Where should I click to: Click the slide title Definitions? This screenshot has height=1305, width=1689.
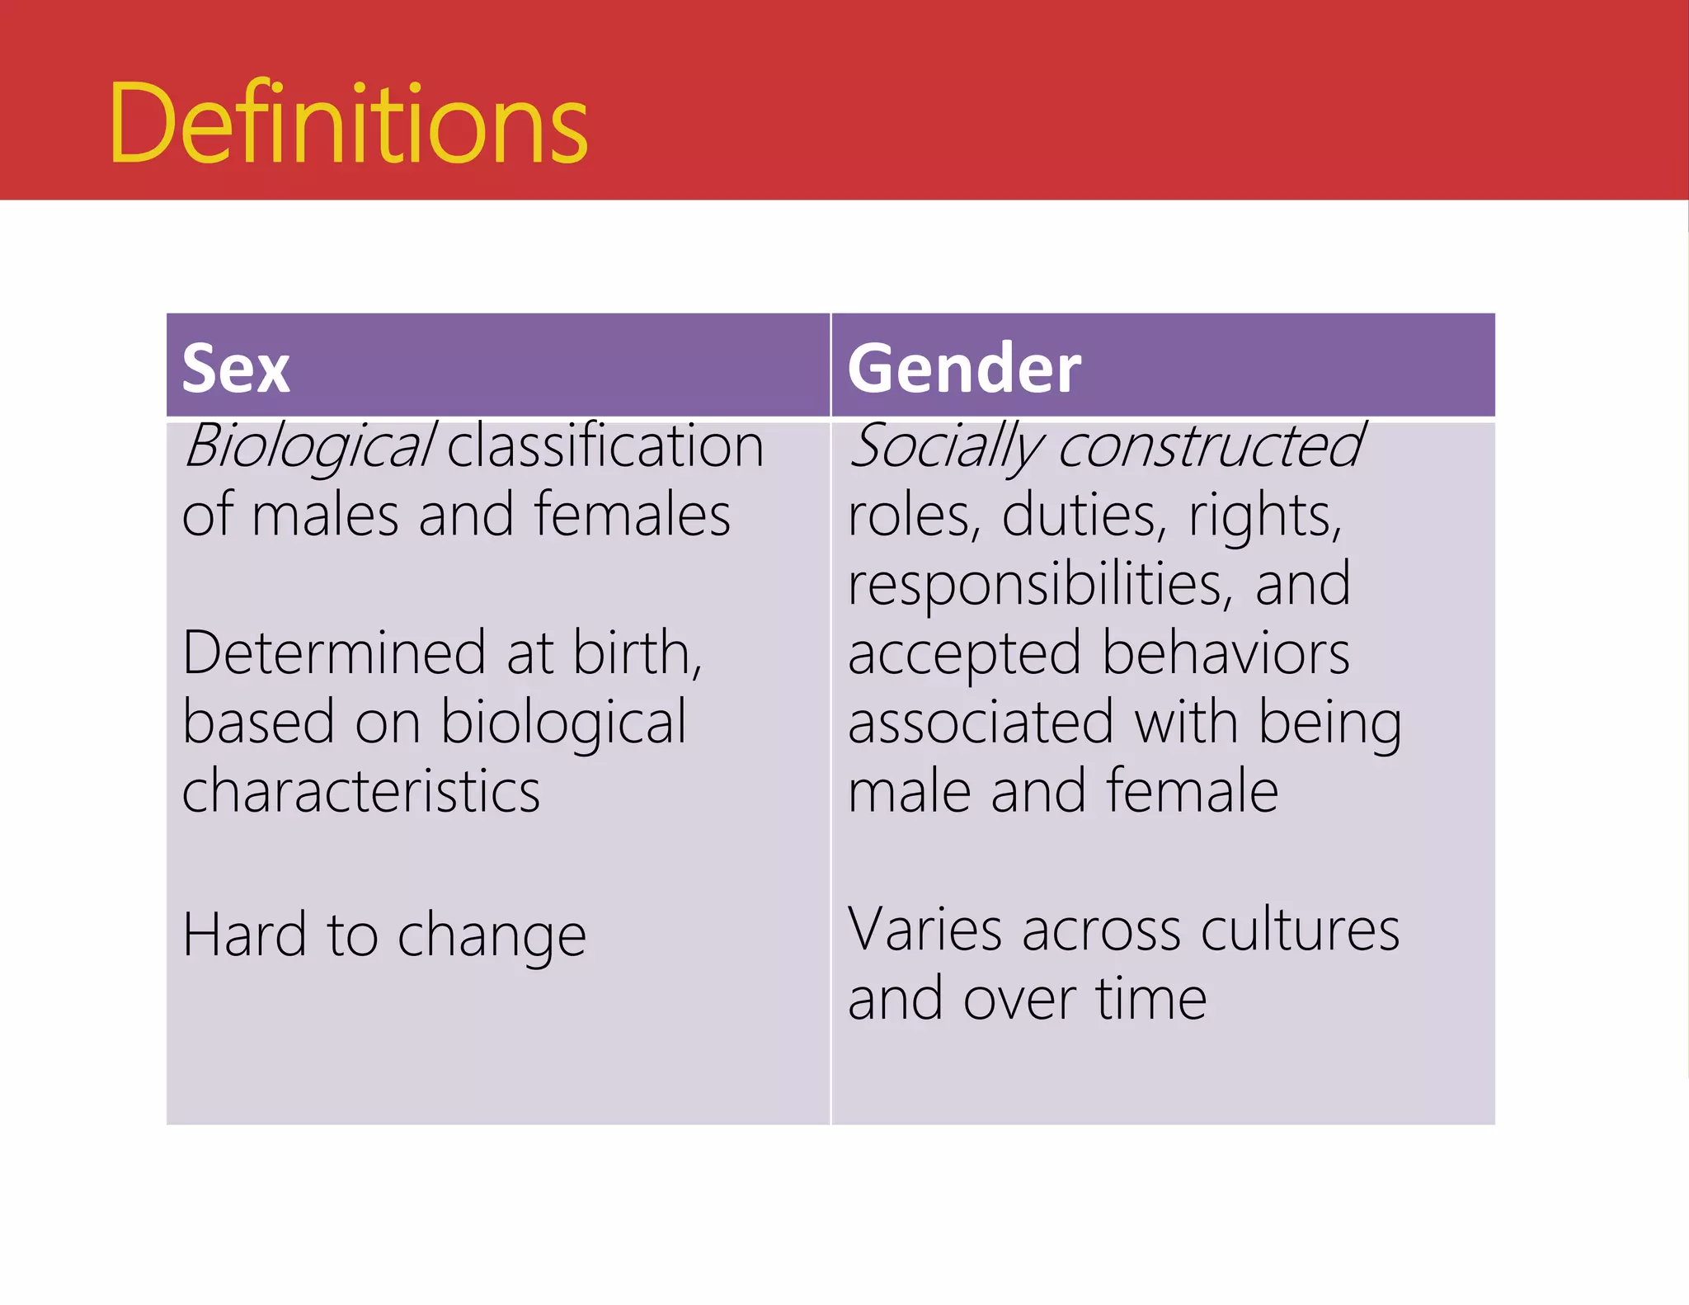tap(348, 124)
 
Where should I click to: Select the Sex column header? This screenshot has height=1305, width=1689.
tap(236, 368)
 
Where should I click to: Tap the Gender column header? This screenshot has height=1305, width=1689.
tap(963, 368)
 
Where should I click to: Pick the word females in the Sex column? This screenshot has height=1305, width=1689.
tap(632, 515)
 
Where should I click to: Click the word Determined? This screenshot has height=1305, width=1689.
tap(334, 653)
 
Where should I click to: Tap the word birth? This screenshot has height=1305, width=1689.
tap(636, 653)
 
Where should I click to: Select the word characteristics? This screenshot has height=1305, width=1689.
tap(361, 791)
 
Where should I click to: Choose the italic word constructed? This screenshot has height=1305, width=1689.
tap(1211, 446)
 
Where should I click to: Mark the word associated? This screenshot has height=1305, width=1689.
tap(981, 723)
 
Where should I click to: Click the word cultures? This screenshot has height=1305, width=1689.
tap(1300, 930)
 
